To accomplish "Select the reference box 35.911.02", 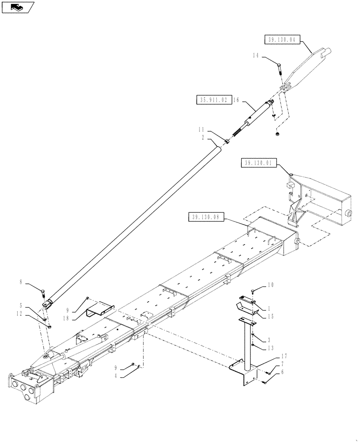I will [213, 100].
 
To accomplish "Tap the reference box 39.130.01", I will [259, 164].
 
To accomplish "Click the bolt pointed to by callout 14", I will [280, 69].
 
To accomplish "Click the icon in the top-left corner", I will [18, 7].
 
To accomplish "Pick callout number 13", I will [270, 347].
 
